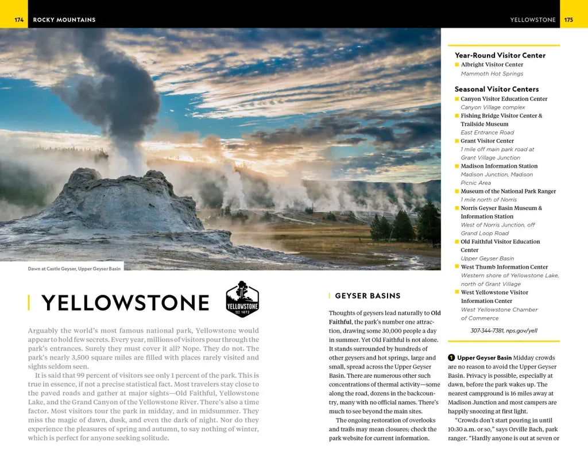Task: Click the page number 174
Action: [x=19, y=20]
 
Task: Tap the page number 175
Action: [x=568, y=20]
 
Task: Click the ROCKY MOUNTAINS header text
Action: [x=64, y=20]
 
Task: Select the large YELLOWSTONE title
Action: [x=125, y=303]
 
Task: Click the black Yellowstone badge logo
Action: [x=242, y=299]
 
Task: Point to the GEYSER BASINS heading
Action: [x=367, y=296]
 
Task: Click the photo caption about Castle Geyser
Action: [x=74, y=269]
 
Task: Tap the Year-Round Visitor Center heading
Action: [x=500, y=55]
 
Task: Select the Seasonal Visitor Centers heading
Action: [x=496, y=89]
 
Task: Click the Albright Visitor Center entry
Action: [x=492, y=65]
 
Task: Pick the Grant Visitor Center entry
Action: [x=487, y=141]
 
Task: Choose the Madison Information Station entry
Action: [x=499, y=166]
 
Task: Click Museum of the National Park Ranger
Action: [x=508, y=191]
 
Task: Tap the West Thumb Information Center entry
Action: [x=504, y=267]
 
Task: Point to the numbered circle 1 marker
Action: [x=452, y=358]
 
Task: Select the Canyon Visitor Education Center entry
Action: [x=504, y=99]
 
